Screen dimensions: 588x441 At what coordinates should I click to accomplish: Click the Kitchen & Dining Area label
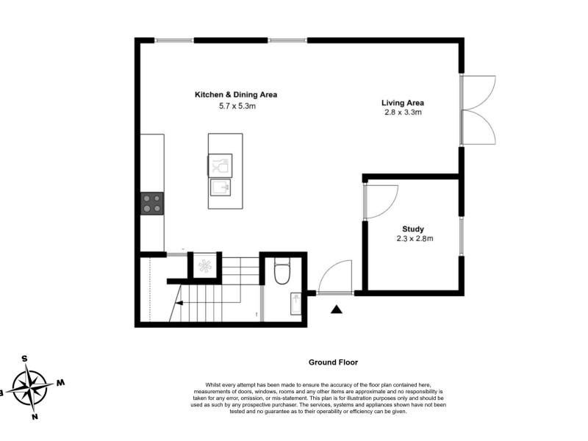point(236,95)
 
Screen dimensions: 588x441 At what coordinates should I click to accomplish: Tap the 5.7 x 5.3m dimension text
point(237,106)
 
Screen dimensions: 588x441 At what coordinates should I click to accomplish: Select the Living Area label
point(403,103)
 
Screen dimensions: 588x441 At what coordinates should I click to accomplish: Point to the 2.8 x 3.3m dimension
point(403,112)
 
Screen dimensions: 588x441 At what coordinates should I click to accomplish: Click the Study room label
point(413,229)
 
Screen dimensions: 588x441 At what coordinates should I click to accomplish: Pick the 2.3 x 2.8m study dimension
point(415,238)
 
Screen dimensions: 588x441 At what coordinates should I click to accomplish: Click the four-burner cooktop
point(152,204)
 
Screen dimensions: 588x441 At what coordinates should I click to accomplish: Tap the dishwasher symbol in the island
point(220,165)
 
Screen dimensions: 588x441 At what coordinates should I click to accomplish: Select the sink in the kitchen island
point(220,187)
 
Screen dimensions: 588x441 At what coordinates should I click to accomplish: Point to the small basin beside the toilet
point(296,304)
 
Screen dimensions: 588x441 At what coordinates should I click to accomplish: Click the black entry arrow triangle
point(337,309)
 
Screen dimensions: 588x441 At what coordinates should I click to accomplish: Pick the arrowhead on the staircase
point(179,303)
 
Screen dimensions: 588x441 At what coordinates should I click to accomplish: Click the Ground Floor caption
point(333,362)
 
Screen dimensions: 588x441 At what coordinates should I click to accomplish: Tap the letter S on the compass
point(24,359)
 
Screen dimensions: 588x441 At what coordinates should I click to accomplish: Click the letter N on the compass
point(35,417)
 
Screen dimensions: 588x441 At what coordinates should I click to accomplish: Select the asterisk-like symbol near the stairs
point(205,266)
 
